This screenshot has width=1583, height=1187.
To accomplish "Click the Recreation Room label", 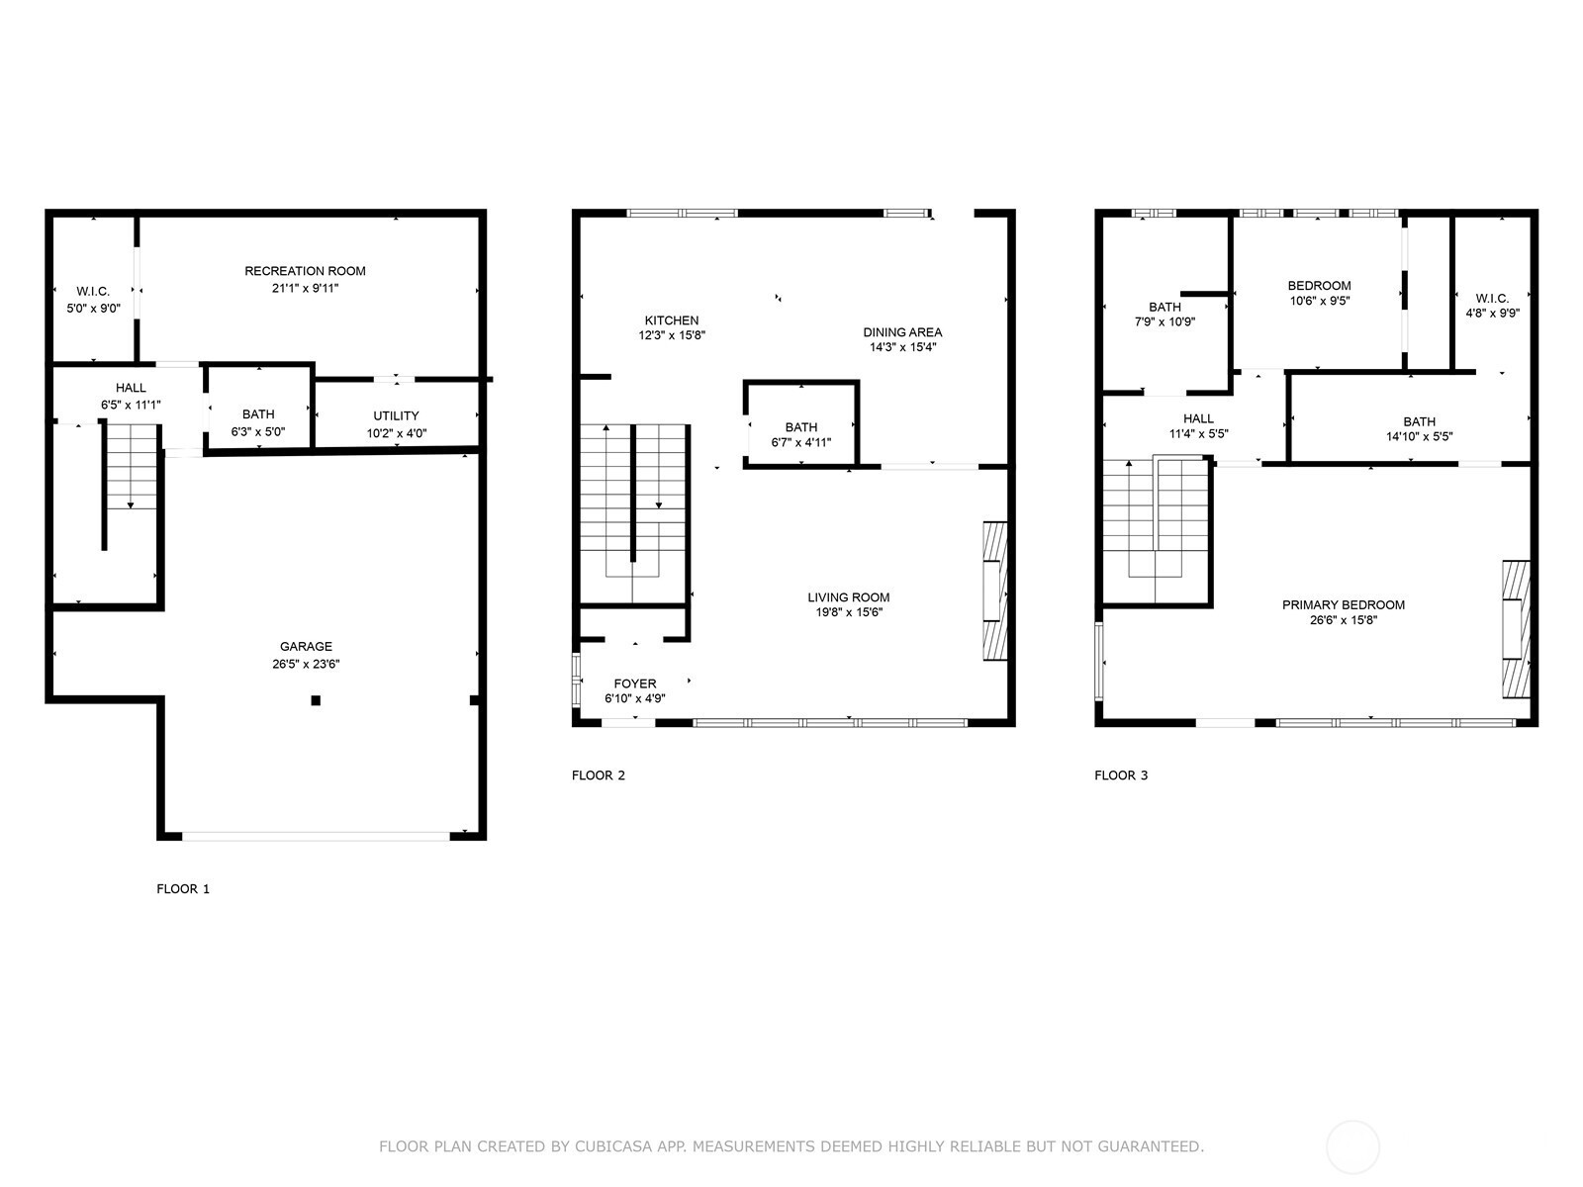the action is [x=305, y=271].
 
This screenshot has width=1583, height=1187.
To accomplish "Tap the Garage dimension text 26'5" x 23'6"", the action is [x=306, y=664].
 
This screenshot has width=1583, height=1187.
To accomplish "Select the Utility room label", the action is [x=396, y=415].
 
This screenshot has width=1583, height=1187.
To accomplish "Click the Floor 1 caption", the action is [x=183, y=888].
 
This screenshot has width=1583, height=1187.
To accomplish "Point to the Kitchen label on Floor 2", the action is [x=672, y=320].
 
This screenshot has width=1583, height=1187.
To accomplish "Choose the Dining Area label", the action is [x=902, y=332].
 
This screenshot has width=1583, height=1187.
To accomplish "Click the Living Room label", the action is [x=848, y=597].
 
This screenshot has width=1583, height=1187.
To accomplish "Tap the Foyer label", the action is [x=634, y=684].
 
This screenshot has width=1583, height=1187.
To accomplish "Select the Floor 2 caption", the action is [x=599, y=776].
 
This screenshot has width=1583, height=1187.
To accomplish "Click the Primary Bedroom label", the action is [x=1343, y=605].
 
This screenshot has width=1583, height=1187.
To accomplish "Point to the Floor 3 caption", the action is [x=1121, y=776].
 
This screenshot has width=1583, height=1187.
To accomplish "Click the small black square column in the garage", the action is [x=316, y=700].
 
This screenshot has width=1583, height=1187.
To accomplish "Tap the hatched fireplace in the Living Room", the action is [x=995, y=591].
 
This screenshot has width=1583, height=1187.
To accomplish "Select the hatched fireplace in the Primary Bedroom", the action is [x=1516, y=629].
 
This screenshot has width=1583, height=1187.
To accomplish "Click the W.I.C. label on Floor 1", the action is [x=93, y=291].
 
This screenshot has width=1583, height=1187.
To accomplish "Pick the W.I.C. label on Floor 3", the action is [x=1492, y=299].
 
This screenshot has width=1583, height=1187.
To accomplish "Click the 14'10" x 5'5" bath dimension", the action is [x=1419, y=436].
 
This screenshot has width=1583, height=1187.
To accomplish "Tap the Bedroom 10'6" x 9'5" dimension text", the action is [x=1319, y=301].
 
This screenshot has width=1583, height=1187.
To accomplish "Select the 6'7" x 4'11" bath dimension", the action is [x=800, y=442].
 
